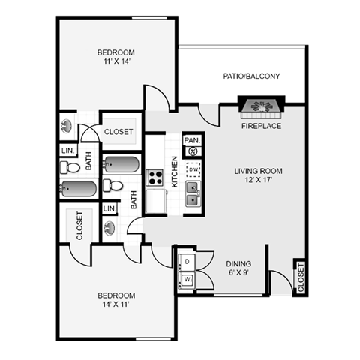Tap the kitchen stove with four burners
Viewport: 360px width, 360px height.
[154, 178]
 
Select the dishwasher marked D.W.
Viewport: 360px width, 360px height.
[193, 169]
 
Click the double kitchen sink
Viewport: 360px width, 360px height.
[193, 193]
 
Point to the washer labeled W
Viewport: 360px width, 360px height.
[187, 280]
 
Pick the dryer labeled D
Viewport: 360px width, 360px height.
[187, 262]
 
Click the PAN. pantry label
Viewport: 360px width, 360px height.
[192, 140]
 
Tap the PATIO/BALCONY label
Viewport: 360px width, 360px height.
[251, 76]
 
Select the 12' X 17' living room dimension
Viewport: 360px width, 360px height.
[258, 180]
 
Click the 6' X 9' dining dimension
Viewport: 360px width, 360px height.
[238, 272]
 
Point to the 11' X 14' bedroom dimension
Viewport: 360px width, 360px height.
[116, 61]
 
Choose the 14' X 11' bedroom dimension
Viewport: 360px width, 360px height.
[116, 304]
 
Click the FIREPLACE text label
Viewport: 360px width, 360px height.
[261, 126]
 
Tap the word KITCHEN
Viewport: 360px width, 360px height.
[174, 172]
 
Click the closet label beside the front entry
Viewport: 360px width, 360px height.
[301, 277]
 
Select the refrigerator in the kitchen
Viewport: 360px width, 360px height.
[156, 201]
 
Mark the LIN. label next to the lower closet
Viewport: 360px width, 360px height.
[109, 208]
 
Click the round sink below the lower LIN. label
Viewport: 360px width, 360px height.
[109, 227]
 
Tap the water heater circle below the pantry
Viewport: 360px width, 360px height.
[193, 151]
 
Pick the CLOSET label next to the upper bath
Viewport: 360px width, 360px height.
[118, 132]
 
